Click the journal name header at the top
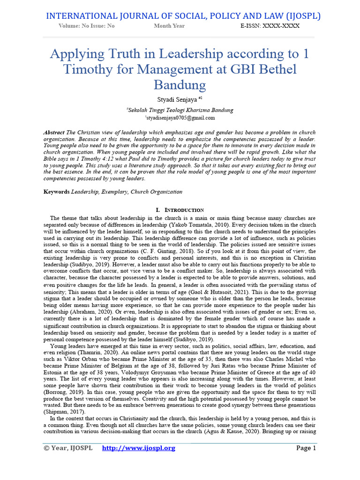183,16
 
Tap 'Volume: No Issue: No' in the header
87,26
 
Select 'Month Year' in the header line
169,26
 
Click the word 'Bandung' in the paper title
180,85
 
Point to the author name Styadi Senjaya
178,100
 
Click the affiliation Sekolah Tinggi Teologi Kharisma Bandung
180,110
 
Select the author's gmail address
180,118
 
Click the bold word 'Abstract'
54,133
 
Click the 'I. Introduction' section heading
180,210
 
